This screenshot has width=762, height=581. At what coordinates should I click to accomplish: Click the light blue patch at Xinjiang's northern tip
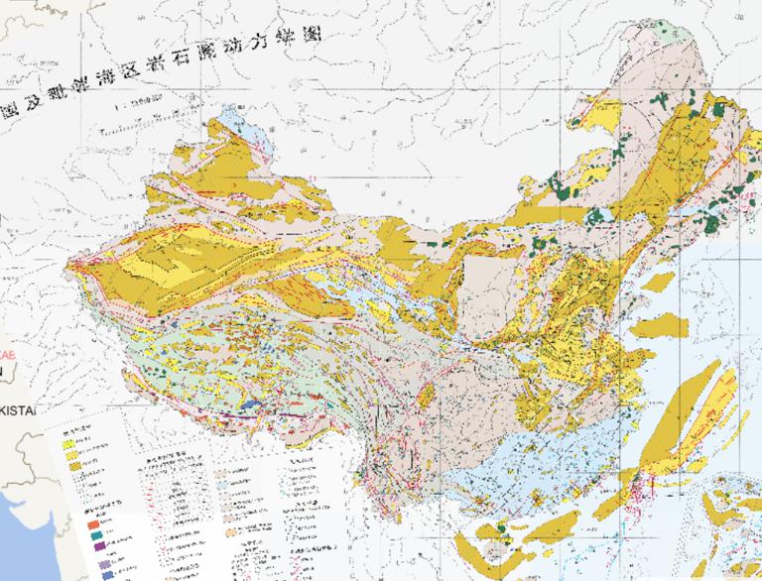[229, 120]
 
